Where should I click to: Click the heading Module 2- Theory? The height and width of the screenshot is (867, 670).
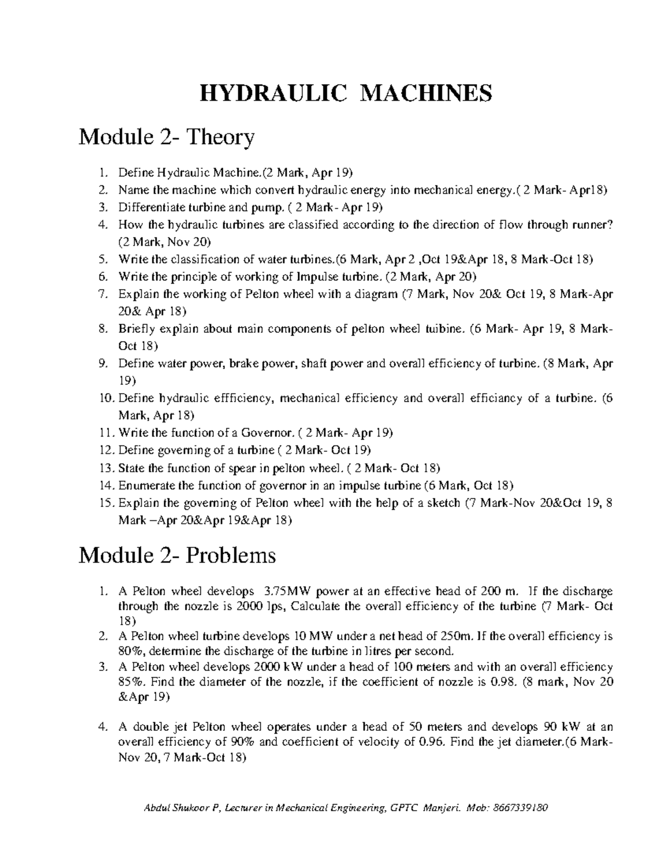(x=167, y=137)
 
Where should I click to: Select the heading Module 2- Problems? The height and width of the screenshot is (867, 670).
(x=178, y=555)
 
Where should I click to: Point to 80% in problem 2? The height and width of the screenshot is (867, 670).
(x=131, y=651)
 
